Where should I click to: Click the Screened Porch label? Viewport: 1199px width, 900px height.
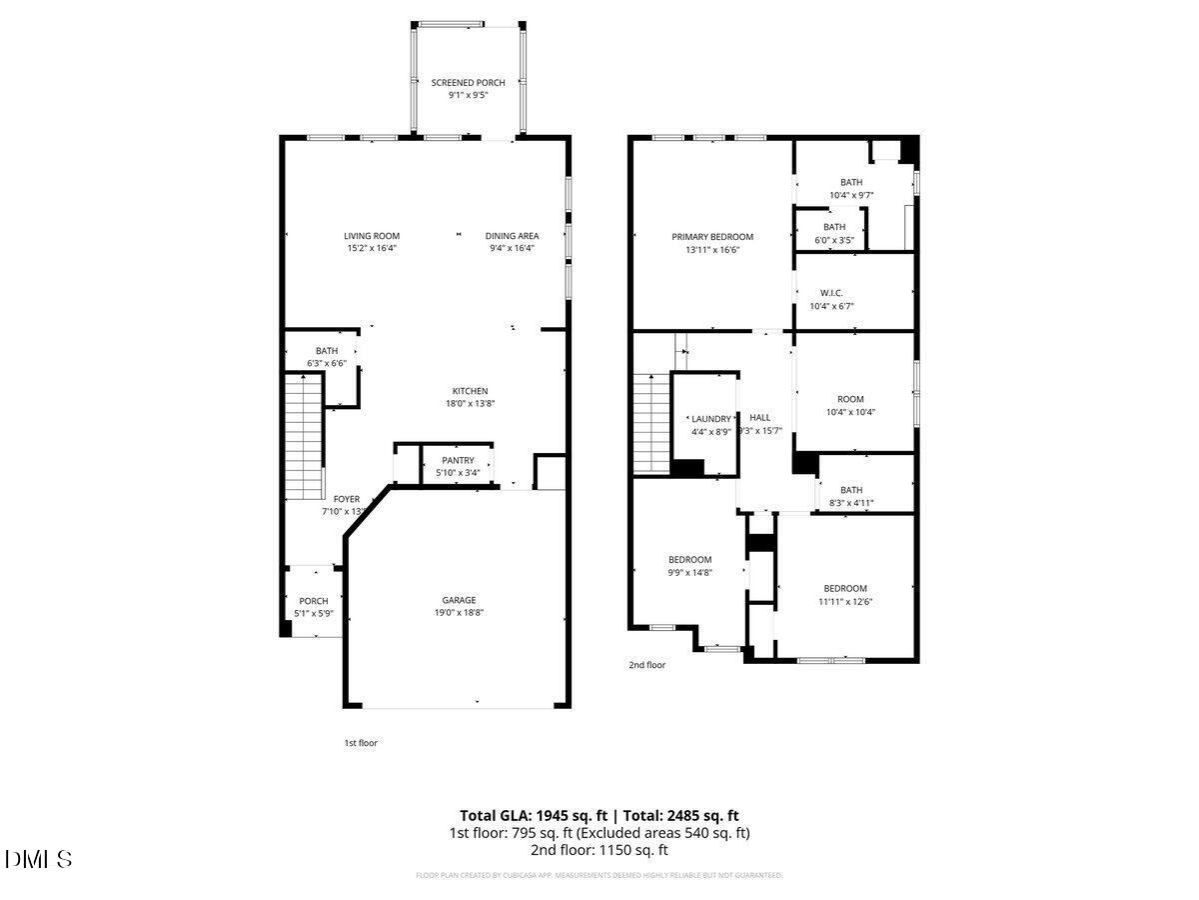coord(468,83)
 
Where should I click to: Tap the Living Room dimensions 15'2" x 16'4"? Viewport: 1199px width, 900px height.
coord(372,248)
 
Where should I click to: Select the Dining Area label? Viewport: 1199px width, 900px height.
coord(513,236)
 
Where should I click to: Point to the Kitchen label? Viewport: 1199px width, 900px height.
coord(470,391)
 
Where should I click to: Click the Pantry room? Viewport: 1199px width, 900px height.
coord(458,466)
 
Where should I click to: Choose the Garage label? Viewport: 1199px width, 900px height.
coord(459,600)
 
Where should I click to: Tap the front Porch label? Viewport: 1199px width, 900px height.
coord(314,601)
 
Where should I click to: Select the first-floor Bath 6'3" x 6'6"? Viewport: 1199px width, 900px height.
coord(327,356)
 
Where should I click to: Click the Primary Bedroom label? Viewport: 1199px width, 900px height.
coord(712,237)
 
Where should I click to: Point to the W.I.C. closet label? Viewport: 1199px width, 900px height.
coord(831,293)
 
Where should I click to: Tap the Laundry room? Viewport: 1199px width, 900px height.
coord(710,425)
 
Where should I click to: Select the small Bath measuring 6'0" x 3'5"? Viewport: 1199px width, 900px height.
coord(833,233)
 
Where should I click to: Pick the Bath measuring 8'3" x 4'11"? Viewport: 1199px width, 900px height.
coord(851,496)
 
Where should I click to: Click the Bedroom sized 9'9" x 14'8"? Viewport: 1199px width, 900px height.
coord(689,566)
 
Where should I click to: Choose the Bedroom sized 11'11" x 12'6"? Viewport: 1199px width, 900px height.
coord(845,594)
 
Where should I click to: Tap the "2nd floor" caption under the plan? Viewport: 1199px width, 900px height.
coord(646,665)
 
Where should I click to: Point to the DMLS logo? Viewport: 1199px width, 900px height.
coord(39,859)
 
